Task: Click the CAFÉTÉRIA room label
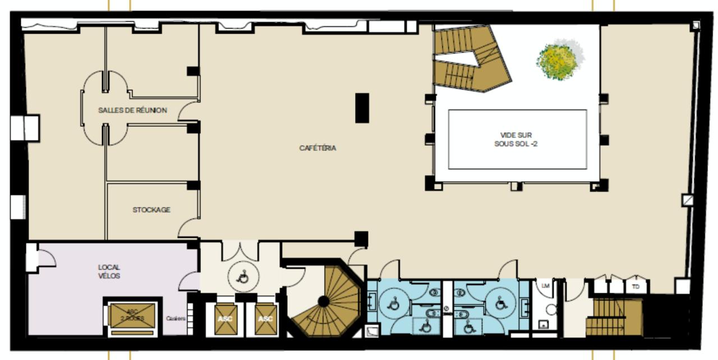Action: coord(317,149)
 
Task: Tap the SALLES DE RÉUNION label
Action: coord(132,110)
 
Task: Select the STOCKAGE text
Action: coord(151,210)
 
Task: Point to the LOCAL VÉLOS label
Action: coord(109,271)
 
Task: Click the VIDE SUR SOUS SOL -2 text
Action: coord(516,139)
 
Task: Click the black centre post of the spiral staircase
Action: coord(324,302)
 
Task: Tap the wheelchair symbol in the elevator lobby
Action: coord(243,276)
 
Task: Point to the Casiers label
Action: coord(176,319)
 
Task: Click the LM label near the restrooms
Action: coord(545,285)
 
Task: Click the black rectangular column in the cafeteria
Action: coord(362,108)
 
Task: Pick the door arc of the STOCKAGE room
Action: coord(188,229)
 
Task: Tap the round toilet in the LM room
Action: coord(551,310)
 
